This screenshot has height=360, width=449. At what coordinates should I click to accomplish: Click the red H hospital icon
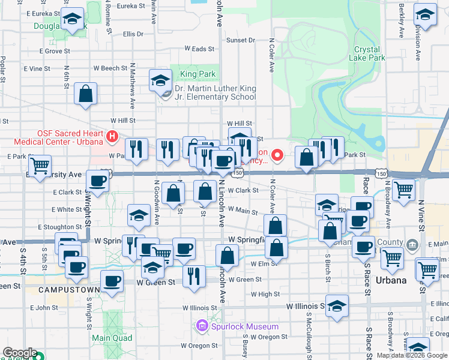111,137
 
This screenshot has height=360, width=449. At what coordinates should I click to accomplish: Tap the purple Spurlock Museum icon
202,326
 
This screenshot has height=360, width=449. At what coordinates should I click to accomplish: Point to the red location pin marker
277,155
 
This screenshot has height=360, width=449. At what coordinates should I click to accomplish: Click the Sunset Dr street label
240,40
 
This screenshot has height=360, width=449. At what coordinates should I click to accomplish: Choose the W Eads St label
199,49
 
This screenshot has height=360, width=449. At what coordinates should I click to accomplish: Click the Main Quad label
108,338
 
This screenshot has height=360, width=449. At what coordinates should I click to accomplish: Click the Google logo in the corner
19,353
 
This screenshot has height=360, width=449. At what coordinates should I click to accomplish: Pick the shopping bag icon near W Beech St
86,94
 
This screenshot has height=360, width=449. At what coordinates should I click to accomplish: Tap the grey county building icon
412,245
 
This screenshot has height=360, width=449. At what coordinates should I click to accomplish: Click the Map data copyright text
412,355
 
